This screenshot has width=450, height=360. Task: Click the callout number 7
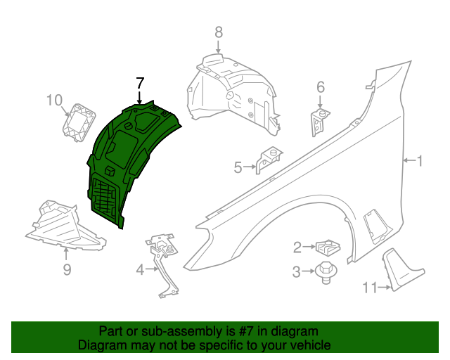point(140,82)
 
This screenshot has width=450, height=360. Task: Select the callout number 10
point(55,101)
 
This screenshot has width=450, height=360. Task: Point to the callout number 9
point(67,269)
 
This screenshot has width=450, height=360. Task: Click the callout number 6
point(321,87)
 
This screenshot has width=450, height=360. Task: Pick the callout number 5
point(238,167)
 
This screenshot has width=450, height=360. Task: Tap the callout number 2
point(297,247)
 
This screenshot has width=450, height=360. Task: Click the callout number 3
point(297,271)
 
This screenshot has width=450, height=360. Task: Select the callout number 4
point(140,269)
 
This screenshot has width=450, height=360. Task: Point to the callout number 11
point(371,286)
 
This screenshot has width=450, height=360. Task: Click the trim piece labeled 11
point(400,271)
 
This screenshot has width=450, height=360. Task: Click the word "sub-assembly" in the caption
point(172,330)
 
